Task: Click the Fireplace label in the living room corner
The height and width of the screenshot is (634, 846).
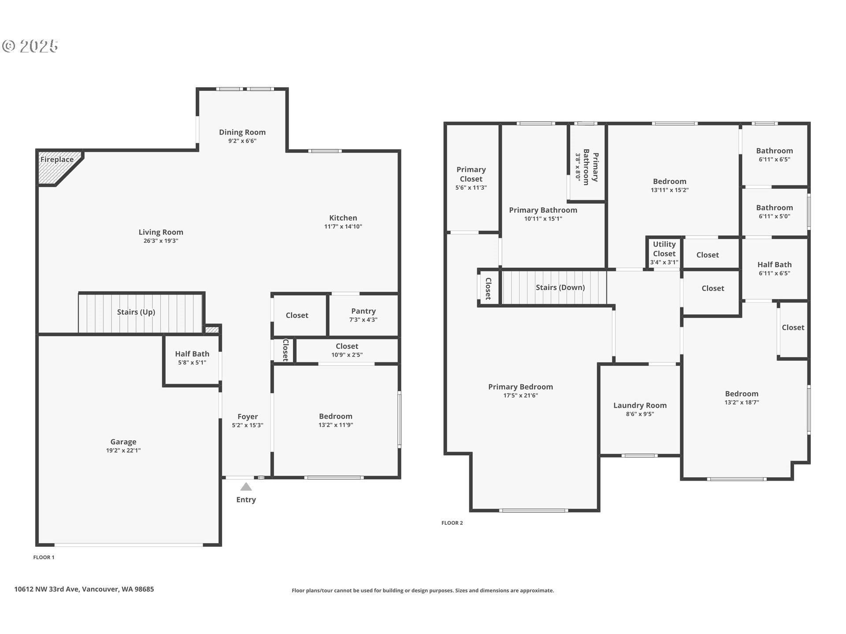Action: point(57,159)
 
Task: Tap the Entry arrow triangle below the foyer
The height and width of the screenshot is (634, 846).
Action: point(246,487)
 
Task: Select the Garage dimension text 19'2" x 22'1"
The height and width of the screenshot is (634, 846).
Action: point(123,450)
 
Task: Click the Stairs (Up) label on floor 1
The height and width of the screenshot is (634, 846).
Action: point(136,312)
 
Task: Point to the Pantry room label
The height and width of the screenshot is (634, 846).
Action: point(363,311)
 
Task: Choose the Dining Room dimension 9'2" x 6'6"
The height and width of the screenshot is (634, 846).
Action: point(242,141)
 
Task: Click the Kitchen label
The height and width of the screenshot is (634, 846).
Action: point(343,217)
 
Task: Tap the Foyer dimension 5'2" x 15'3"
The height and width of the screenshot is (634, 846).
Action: point(247,425)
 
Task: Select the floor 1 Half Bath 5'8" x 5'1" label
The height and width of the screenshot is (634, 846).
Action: point(192,358)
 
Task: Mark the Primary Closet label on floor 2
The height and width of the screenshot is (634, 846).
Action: point(471,174)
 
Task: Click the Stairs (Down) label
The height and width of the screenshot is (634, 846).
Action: point(560,287)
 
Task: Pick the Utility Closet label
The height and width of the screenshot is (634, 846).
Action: point(664,248)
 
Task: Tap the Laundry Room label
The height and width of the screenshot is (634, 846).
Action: point(640,405)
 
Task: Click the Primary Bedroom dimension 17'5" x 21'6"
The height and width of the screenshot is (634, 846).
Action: point(520,395)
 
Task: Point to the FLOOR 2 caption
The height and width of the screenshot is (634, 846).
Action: point(452,523)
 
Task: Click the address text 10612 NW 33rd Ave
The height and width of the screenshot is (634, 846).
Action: point(84,589)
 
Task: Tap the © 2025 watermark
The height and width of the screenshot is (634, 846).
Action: point(30,46)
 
